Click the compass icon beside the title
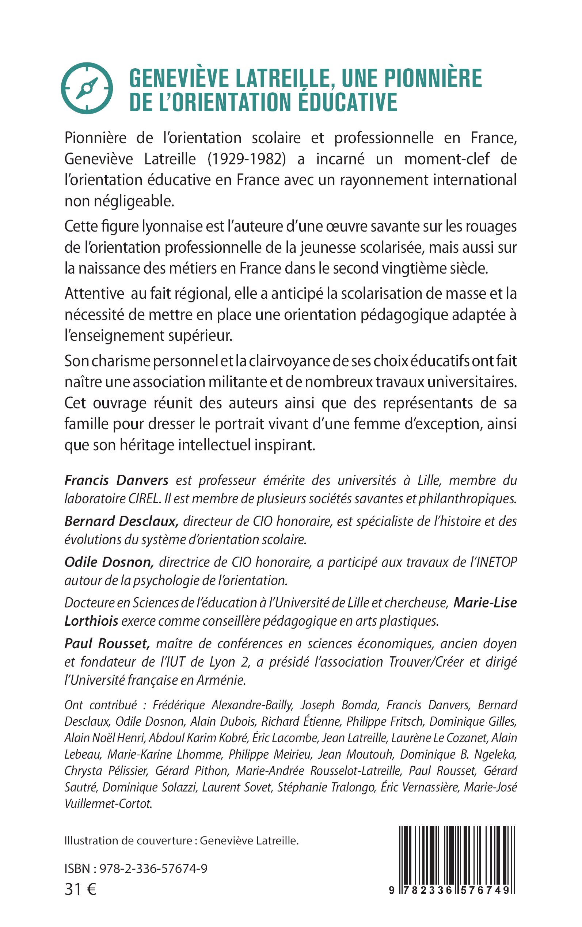87,88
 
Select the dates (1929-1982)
247,159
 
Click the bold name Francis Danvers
116,480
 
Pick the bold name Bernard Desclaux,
121,521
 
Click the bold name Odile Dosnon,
109,562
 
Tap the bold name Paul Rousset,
107,644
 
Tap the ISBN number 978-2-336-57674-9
153,869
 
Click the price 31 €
80,889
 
